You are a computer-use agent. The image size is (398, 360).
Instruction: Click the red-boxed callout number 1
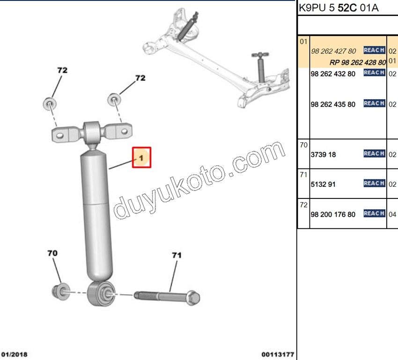141,158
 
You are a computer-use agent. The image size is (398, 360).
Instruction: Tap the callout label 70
52,253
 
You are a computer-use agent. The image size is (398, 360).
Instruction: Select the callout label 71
177,255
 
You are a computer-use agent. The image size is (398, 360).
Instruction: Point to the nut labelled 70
61,292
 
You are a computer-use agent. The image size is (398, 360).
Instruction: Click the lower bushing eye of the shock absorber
102,294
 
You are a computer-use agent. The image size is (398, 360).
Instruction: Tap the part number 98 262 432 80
333,74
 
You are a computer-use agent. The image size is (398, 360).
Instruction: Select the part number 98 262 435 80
333,104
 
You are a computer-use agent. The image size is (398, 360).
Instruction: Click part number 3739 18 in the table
323,154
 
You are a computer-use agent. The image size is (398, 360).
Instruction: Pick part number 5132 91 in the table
323,184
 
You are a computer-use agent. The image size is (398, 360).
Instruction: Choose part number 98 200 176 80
333,214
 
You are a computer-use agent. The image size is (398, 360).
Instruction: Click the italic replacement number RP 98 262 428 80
358,62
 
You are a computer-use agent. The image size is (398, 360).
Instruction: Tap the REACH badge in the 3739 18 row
374,154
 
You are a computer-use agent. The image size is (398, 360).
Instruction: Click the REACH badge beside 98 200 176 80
374,213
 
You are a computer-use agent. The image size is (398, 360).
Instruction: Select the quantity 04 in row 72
392,214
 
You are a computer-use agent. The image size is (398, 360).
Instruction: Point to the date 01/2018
14,354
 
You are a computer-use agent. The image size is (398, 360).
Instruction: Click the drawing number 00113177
278,354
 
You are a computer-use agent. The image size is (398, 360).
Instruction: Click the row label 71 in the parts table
303,175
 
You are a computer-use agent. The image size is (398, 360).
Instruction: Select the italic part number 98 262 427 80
333,51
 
